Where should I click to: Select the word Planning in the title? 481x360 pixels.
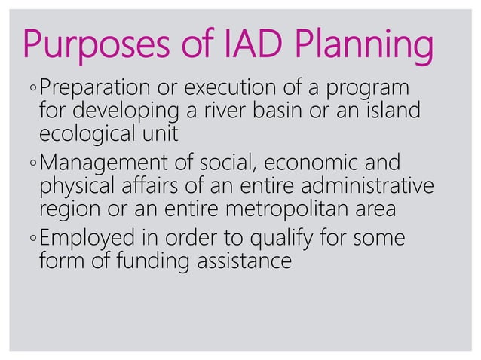[368, 45]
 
